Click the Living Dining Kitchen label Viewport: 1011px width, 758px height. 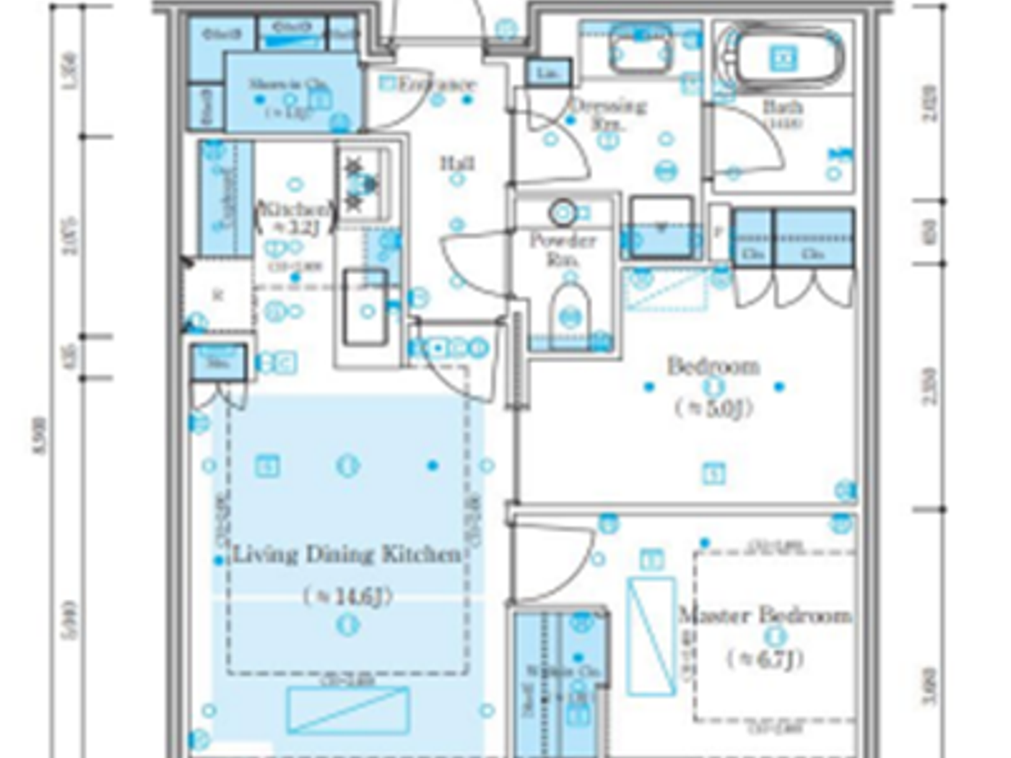(x=347, y=554)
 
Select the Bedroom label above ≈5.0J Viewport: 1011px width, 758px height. (x=713, y=366)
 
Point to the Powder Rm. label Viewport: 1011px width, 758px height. (x=563, y=248)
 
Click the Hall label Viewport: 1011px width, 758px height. (x=458, y=163)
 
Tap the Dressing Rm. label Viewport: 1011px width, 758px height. (x=608, y=113)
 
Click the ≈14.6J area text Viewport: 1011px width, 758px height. (x=347, y=596)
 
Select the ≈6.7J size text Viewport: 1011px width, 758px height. (x=765, y=658)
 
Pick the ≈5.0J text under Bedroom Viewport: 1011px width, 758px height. (x=713, y=408)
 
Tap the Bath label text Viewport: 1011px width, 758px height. (x=783, y=108)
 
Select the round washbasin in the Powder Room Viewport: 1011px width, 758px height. (x=563, y=212)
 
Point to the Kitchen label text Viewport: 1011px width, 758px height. (x=295, y=209)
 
